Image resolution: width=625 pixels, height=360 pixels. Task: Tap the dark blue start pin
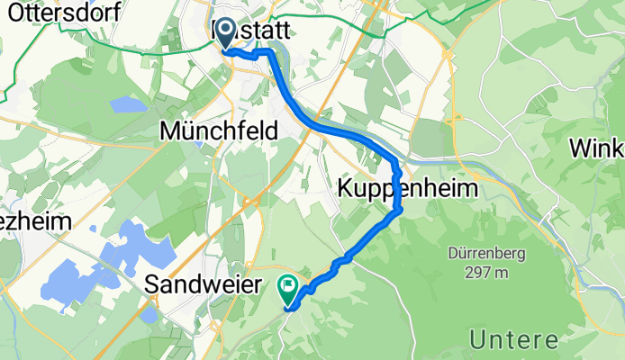[223, 36]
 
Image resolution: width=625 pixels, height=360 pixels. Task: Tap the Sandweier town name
[204, 286]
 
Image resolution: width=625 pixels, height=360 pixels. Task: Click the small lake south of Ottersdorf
[128, 104]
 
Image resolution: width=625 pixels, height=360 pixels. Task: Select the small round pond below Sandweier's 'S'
[149, 317]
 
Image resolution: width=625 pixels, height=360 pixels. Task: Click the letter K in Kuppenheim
[346, 188]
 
